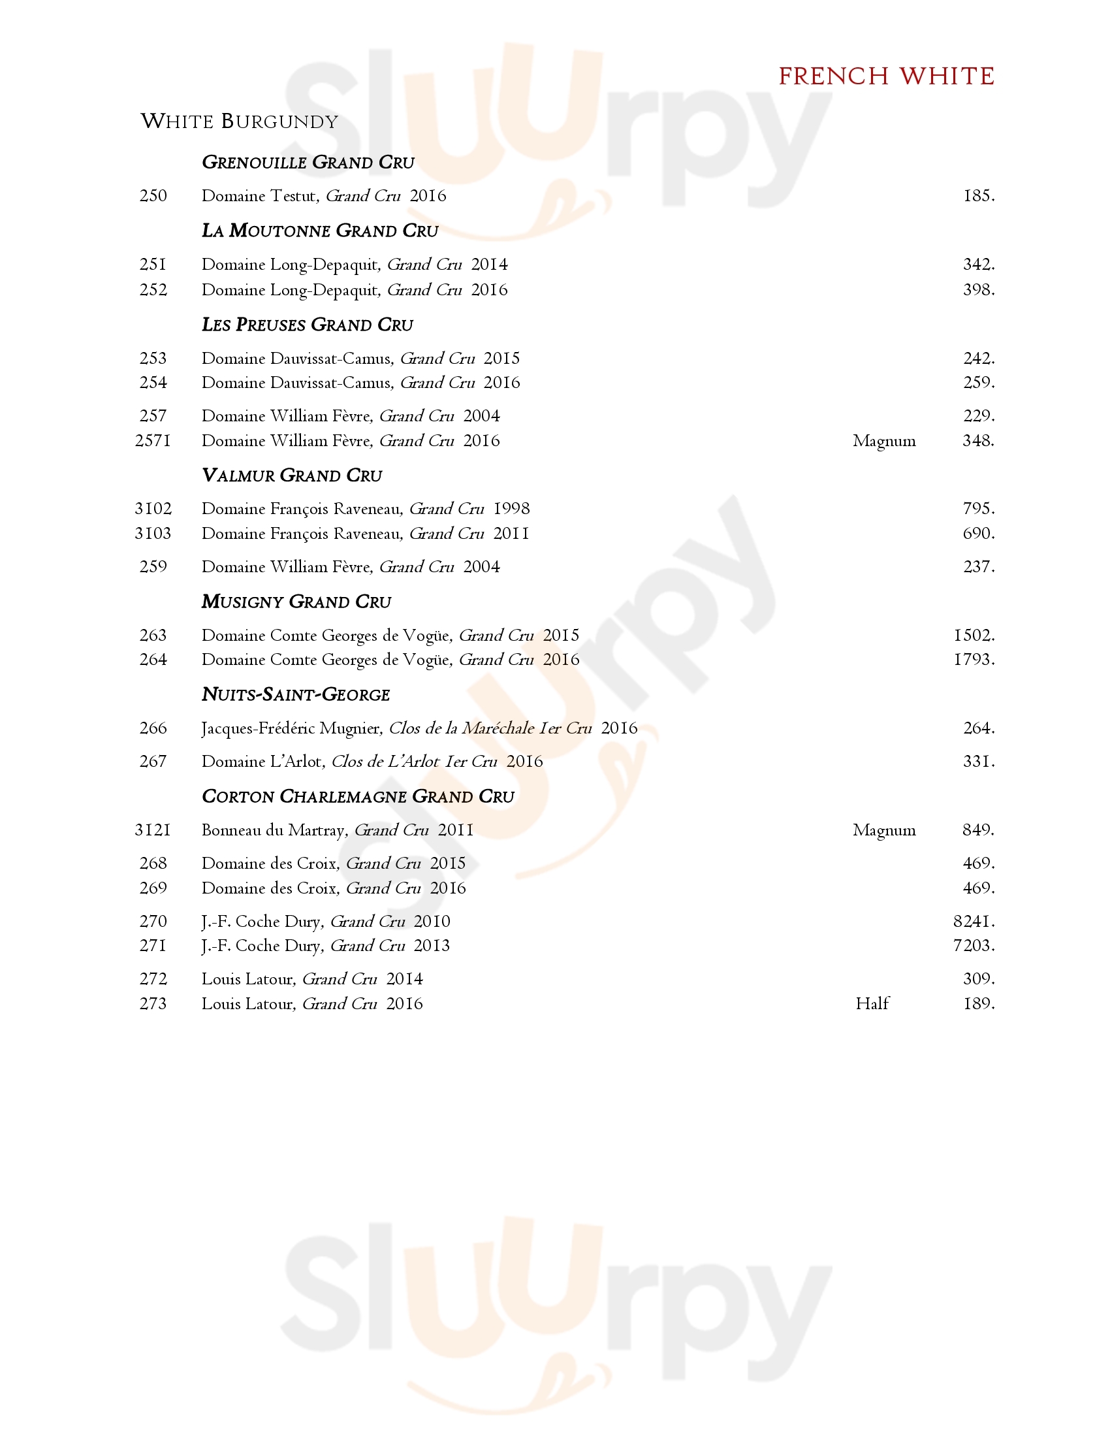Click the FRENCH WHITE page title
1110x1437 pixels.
coord(886,76)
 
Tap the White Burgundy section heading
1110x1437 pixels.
coord(240,121)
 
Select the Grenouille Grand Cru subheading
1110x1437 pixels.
coord(308,163)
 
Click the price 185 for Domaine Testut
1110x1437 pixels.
coord(979,196)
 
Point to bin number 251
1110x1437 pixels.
coord(153,265)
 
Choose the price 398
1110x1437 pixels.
coord(979,290)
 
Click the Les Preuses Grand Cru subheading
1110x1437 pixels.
coord(307,325)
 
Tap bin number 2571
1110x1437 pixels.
coord(153,441)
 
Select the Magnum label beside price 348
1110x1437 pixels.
coord(884,441)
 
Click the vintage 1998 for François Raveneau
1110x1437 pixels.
coord(512,509)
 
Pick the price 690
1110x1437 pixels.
coord(979,534)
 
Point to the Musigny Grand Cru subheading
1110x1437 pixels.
coord(296,602)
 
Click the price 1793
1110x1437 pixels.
coord(974,659)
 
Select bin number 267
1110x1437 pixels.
coord(153,761)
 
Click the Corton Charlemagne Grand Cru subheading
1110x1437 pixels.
coord(358,797)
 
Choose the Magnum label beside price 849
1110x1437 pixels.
coord(884,830)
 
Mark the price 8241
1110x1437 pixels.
coord(974,922)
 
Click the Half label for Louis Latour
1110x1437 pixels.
coord(872,1004)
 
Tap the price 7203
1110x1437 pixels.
coord(974,946)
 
